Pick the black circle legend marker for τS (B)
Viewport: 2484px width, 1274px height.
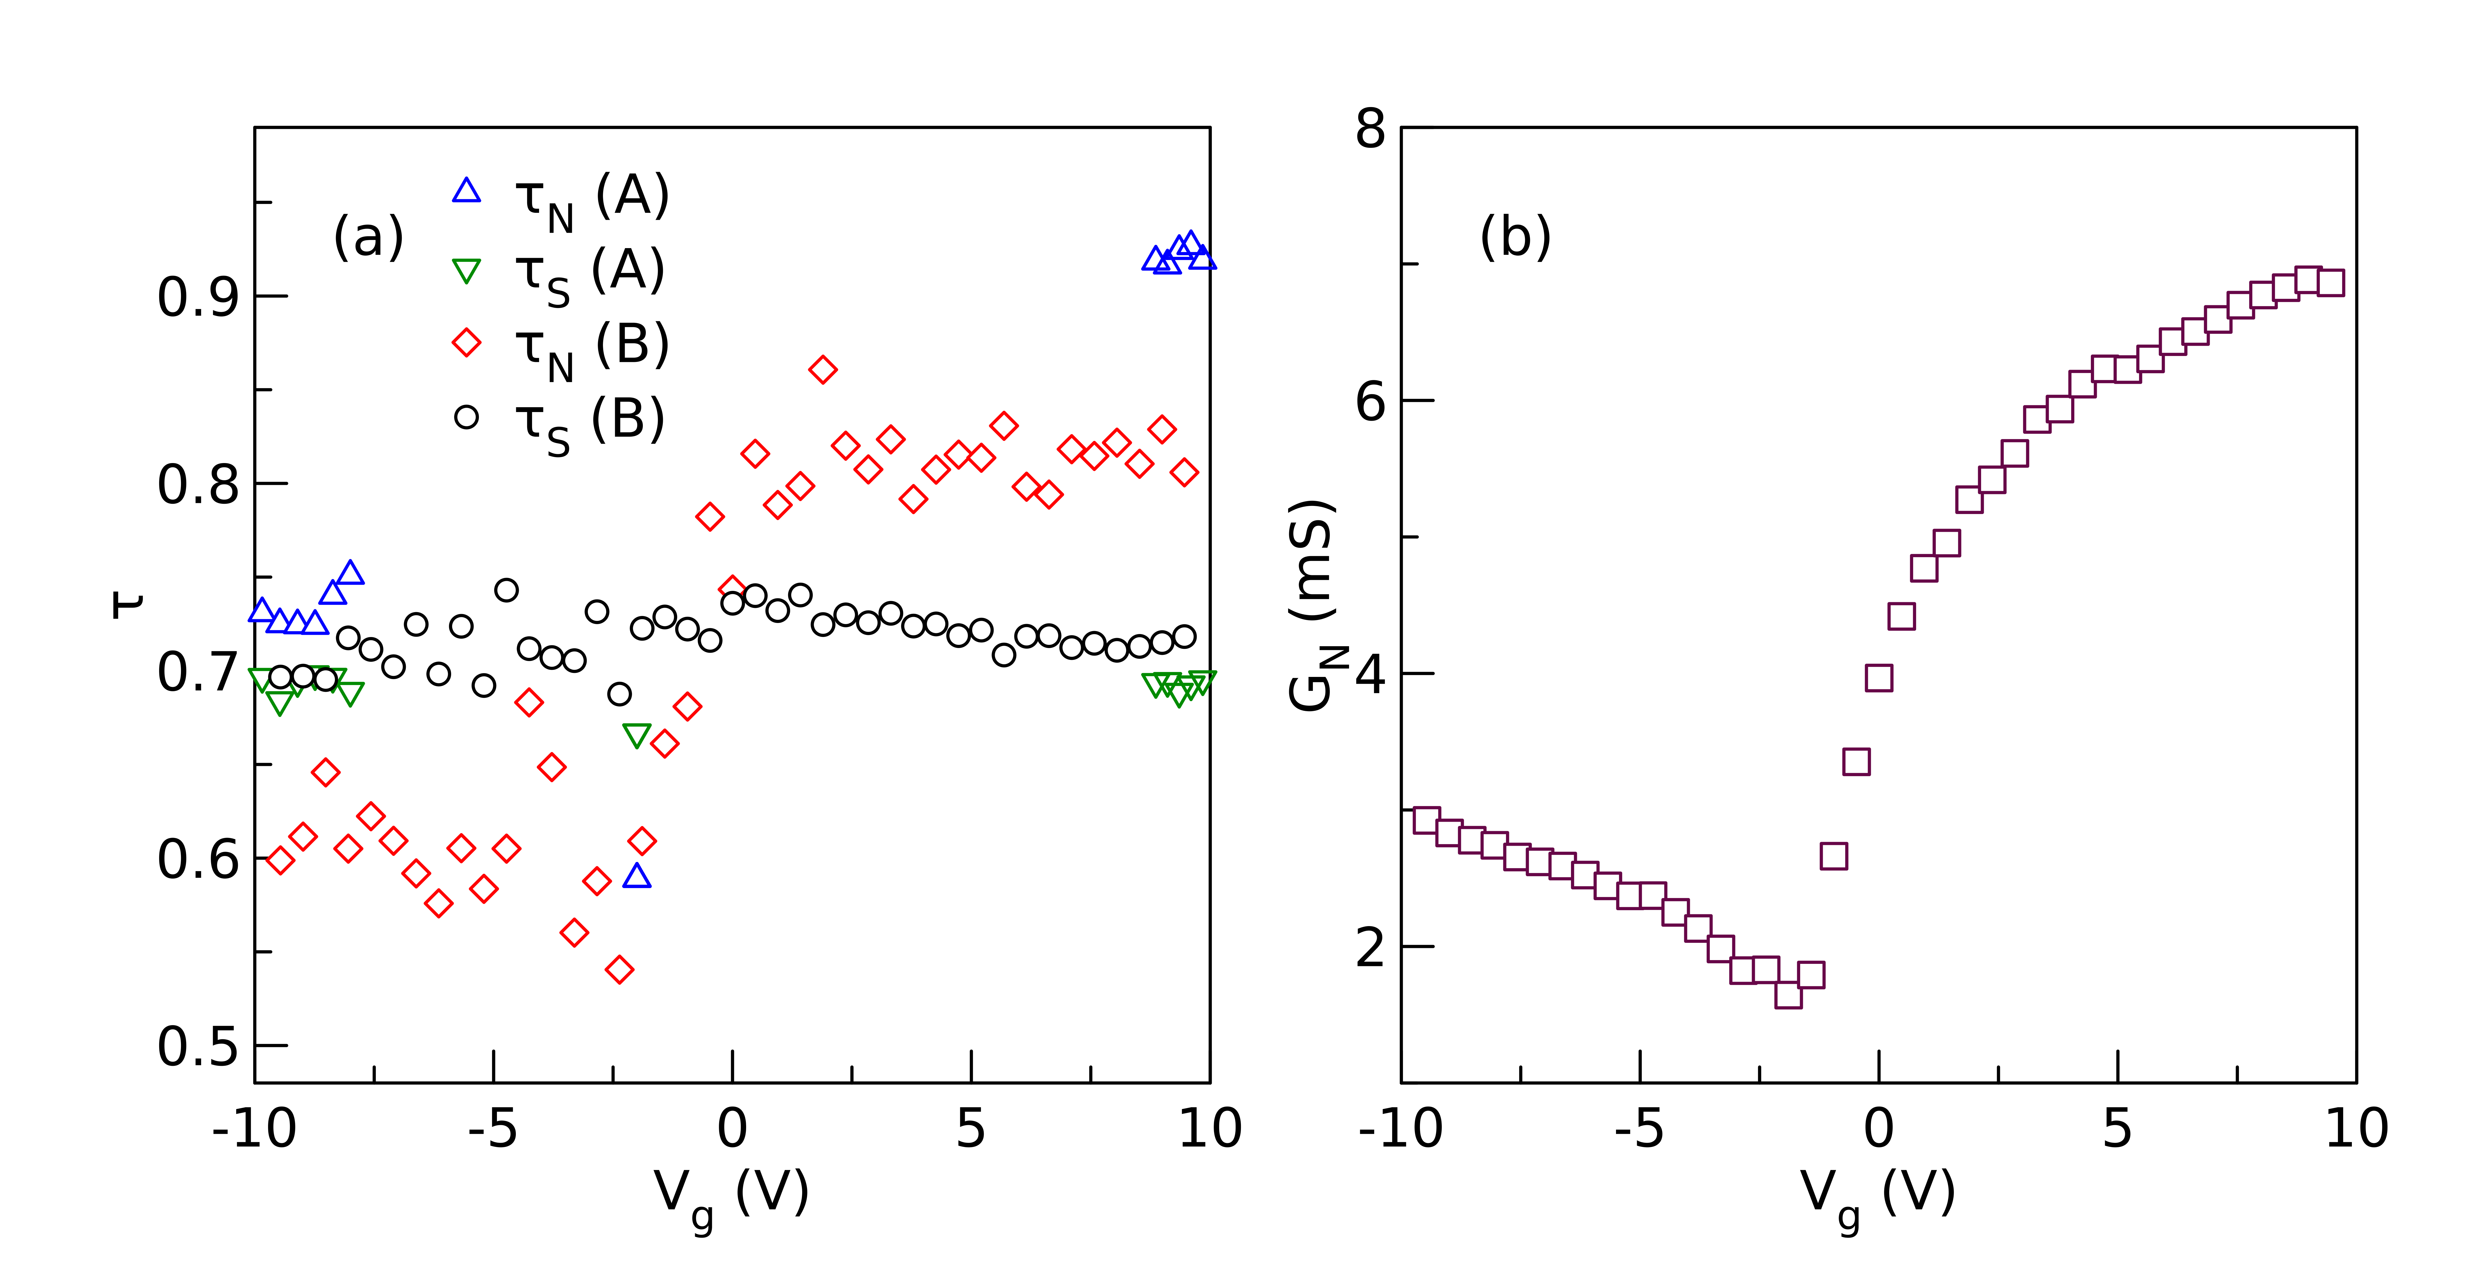pos(467,417)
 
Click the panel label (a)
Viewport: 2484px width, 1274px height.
pos(367,237)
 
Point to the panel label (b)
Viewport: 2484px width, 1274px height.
pos(1515,237)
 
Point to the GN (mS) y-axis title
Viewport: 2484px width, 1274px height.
pos(1313,606)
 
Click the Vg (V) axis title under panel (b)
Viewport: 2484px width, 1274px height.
pos(1878,1196)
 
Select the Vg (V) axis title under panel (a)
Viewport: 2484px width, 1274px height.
pos(731,1196)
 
